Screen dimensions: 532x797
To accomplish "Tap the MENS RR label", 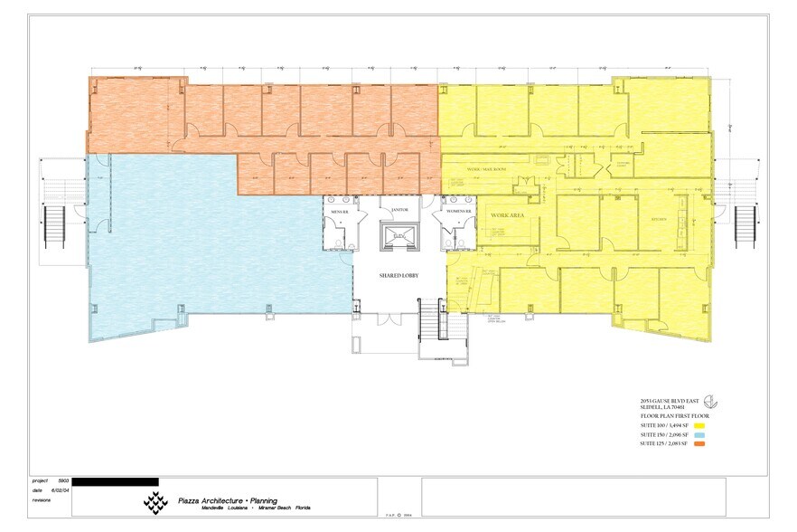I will coord(340,211).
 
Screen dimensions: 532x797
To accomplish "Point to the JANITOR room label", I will coord(399,210).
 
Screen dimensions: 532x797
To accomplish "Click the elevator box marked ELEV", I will coord(398,236).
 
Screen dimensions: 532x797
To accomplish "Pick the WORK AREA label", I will coord(509,216).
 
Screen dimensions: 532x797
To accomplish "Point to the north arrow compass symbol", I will coord(712,402).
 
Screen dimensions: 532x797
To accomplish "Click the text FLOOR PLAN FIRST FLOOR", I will coord(673,415).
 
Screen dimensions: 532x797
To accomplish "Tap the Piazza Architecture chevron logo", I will coord(156,500).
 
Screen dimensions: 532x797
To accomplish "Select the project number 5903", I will coord(64,481).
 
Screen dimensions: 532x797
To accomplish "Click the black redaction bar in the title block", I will coord(115,481).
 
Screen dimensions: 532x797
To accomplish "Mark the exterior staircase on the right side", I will coord(745,227).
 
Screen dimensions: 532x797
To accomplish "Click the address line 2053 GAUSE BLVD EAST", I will coord(670,400).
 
